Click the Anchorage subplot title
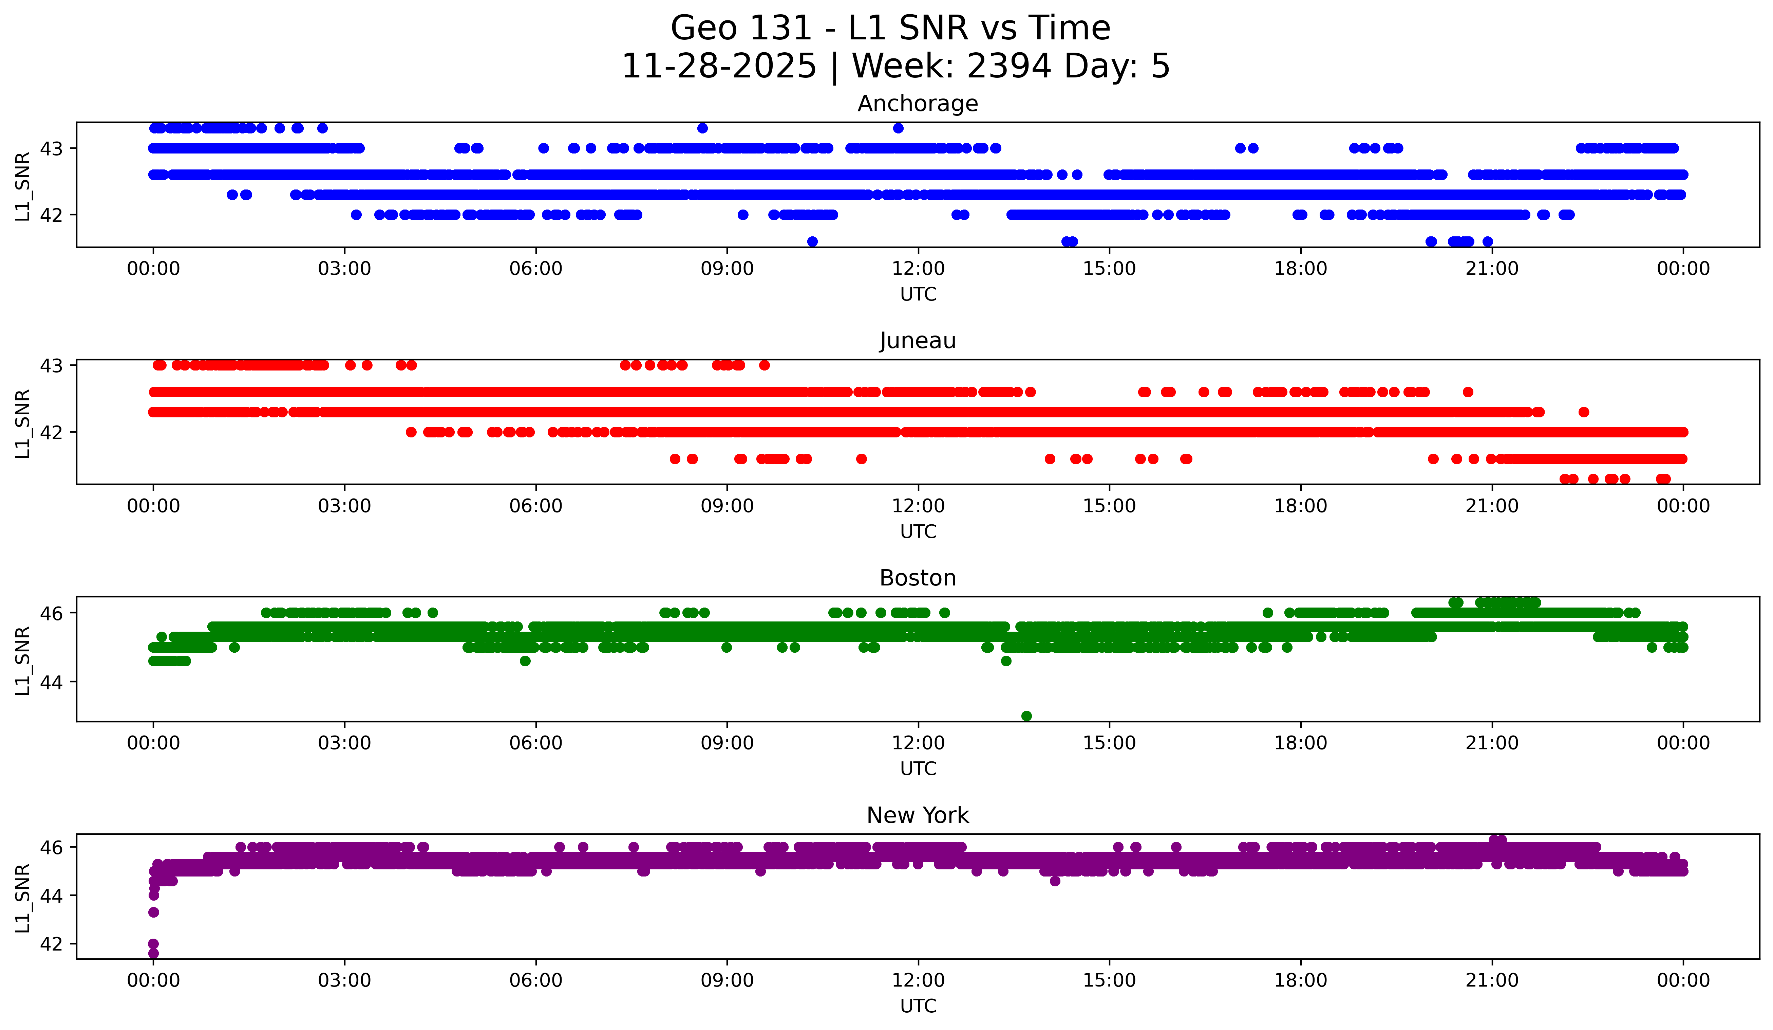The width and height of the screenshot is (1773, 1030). (x=918, y=104)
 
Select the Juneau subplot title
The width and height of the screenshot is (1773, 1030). (x=918, y=341)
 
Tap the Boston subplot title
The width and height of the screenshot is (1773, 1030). (x=918, y=578)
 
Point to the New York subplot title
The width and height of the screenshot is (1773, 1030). (x=918, y=815)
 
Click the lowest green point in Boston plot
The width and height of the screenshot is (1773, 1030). (x=1026, y=716)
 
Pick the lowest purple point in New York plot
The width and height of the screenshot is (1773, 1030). (x=153, y=953)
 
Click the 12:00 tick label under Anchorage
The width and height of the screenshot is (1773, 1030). (x=918, y=268)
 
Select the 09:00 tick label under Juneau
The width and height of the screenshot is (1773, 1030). (x=727, y=506)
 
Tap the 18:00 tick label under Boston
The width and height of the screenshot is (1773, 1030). (x=1300, y=743)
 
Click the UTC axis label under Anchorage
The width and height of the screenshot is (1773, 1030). (x=918, y=294)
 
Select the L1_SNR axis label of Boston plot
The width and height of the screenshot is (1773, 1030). (x=22, y=661)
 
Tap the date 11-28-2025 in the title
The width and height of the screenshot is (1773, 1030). (x=719, y=66)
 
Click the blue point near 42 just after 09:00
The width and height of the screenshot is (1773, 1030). (x=743, y=215)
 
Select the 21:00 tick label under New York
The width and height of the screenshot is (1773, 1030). (x=1492, y=980)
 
